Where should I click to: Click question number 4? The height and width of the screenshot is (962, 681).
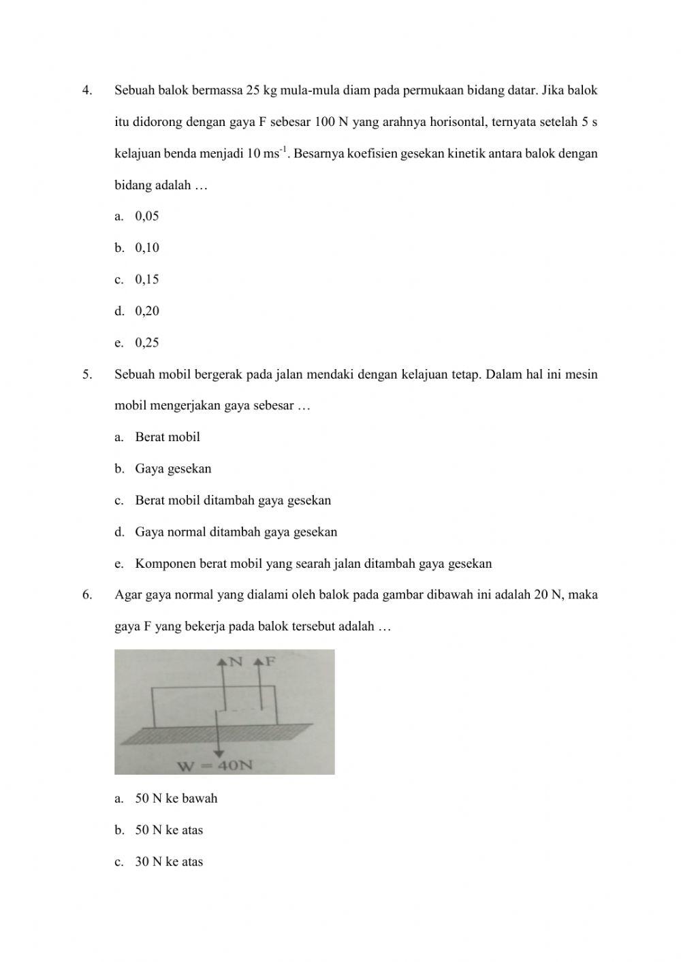[x=86, y=91]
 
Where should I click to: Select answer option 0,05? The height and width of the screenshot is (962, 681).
[x=146, y=217]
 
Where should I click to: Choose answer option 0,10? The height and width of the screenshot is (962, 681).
[x=146, y=248]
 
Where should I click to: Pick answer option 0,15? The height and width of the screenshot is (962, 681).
[x=146, y=280]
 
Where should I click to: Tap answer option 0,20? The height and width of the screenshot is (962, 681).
[x=146, y=311]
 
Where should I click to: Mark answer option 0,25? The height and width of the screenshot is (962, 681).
[x=146, y=343]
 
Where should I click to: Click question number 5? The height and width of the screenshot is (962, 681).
[x=86, y=374]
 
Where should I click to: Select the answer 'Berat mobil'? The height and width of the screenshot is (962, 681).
[x=168, y=437]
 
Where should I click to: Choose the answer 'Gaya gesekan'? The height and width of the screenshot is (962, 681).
[x=173, y=469]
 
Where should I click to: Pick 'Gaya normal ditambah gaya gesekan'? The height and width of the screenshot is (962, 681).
[x=236, y=532]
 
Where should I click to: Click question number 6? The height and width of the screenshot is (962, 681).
[x=86, y=595]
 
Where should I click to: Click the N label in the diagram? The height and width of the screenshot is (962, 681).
[x=236, y=662]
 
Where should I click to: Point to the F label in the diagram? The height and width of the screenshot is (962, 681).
[x=269, y=662]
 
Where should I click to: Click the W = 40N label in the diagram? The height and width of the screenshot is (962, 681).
[x=215, y=766]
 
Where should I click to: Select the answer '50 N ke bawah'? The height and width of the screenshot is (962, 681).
[x=176, y=799]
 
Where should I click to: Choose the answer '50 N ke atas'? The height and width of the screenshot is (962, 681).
[x=169, y=831]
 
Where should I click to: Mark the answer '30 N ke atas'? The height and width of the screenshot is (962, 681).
[x=169, y=862]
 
